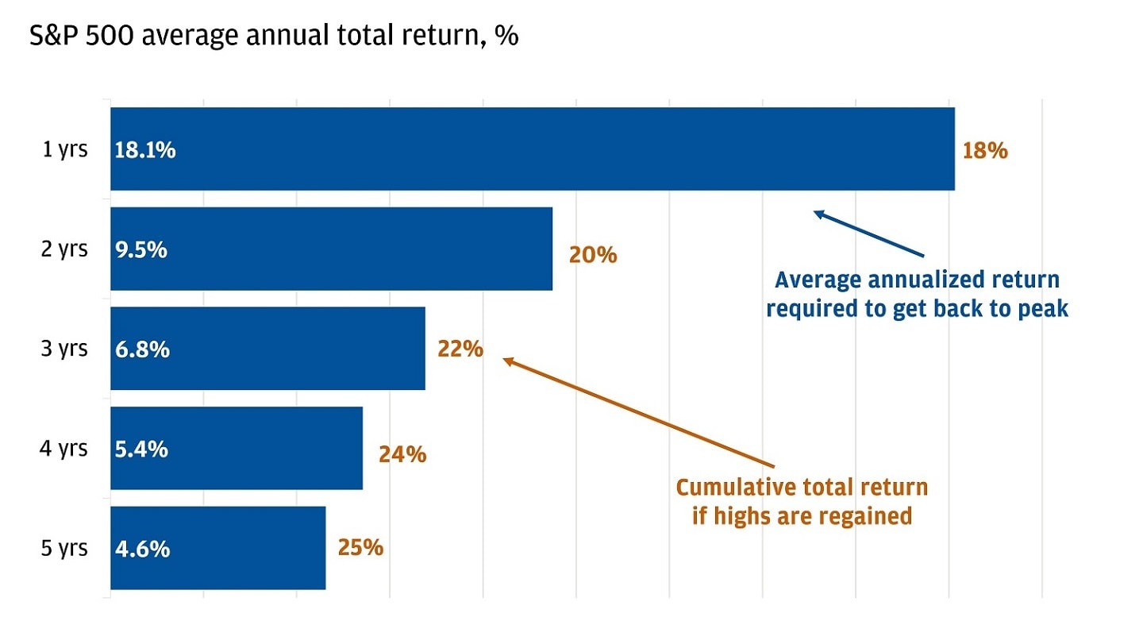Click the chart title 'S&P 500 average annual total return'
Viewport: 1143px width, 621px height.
[x=274, y=37]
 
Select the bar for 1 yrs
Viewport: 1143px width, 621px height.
[x=532, y=149]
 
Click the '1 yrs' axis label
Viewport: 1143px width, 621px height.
[x=65, y=149]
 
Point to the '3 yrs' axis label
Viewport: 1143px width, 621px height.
[x=65, y=349]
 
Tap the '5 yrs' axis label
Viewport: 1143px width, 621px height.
[x=65, y=548]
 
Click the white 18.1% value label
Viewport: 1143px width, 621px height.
[x=144, y=150]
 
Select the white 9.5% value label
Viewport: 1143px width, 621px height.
[x=140, y=250]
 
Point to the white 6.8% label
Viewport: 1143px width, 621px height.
[x=141, y=349]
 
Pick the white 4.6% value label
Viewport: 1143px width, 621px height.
[x=141, y=549]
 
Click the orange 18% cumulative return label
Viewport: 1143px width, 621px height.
[x=984, y=151]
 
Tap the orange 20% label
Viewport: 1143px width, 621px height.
[x=592, y=255]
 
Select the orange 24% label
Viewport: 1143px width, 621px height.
[x=402, y=454]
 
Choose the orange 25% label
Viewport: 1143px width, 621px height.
[x=360, y=548]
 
